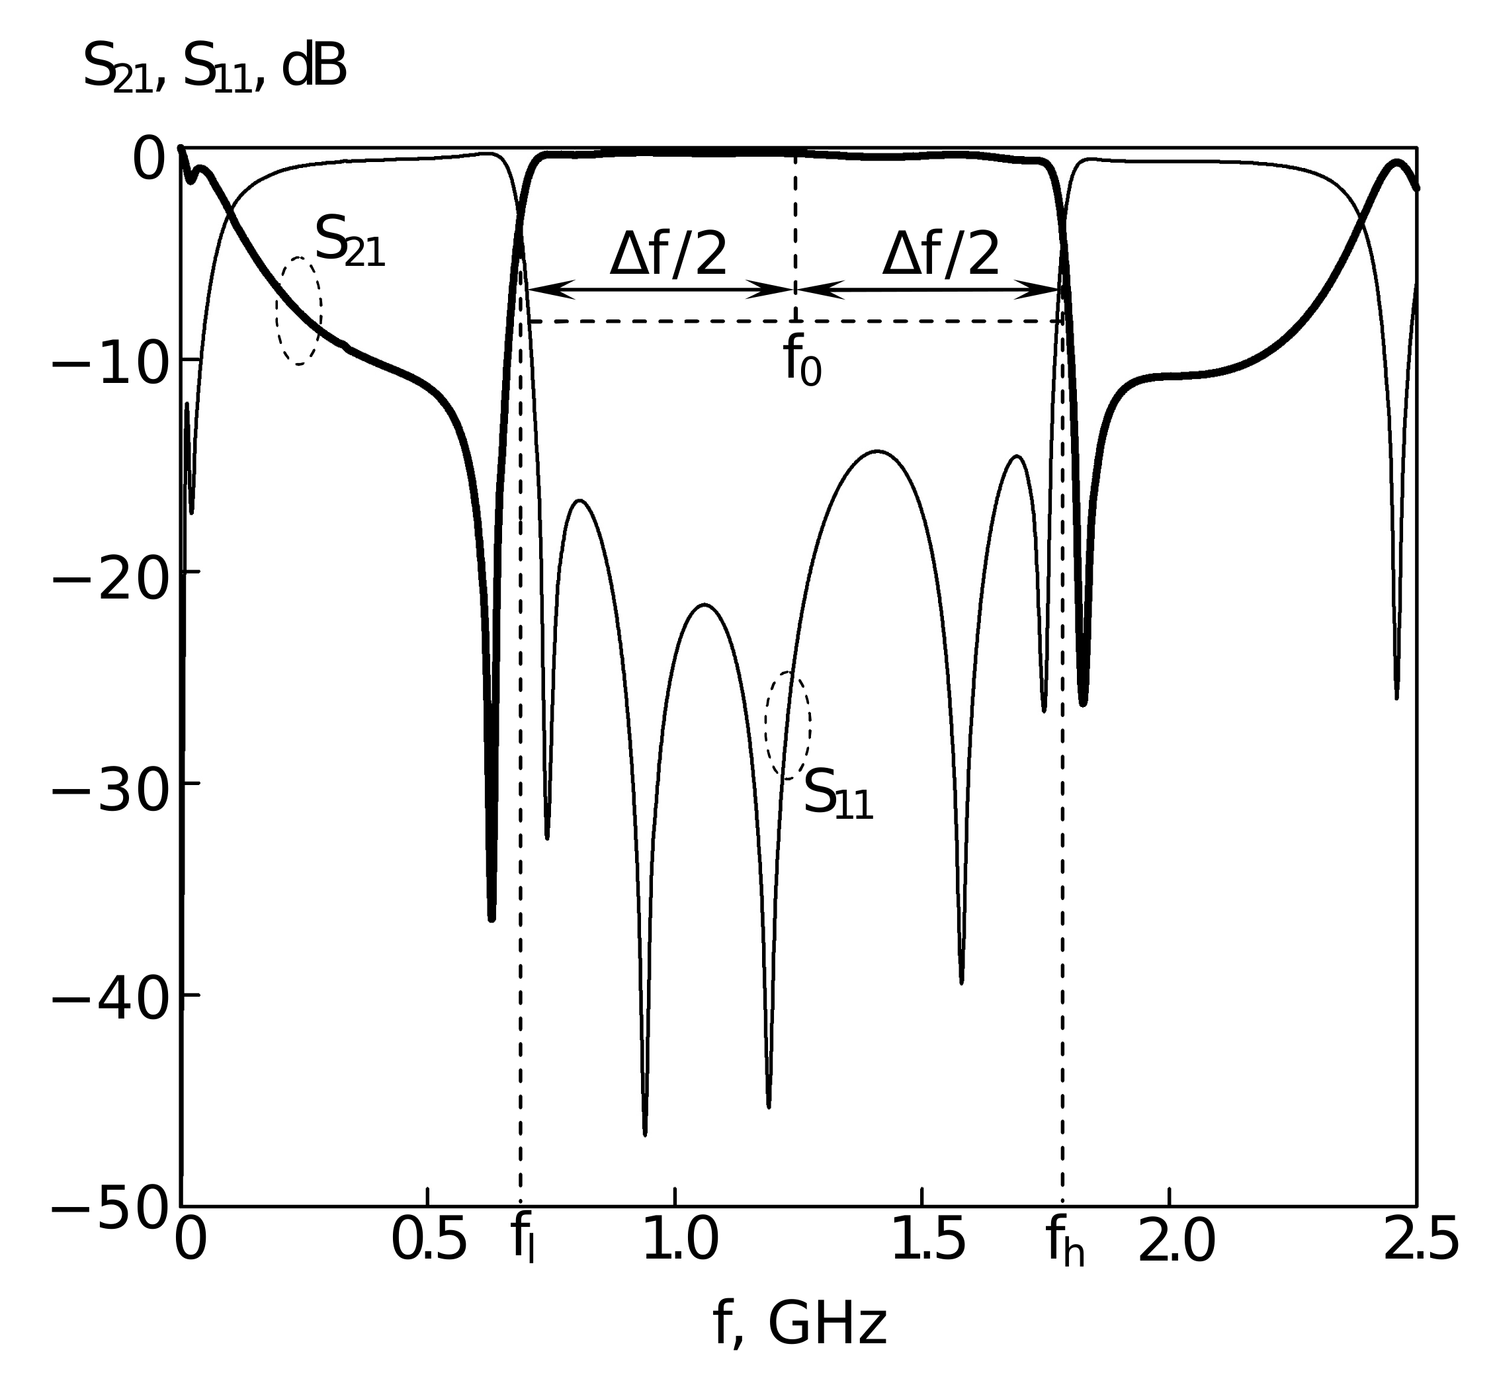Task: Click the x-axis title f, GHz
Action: point(800,1324)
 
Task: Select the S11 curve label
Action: point(837,795)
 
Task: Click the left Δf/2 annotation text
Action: point(667,255)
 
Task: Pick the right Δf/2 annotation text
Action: point(940,255)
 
